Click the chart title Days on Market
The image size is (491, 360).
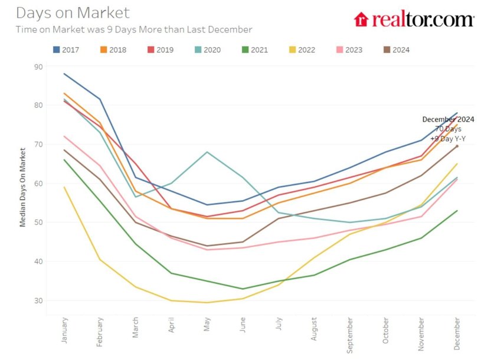(73, 12)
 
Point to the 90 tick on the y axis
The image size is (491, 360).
(38, 67)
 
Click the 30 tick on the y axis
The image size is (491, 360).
(38, 300)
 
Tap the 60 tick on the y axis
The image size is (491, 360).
(38, 184)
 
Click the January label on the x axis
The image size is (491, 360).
(64, 329)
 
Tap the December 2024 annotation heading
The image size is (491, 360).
(448, 119)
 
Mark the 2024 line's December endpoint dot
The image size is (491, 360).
(457, 146)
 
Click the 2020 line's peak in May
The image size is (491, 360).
(207, 152)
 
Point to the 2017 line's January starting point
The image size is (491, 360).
(64, 74)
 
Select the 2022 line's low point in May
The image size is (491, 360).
(207, 303)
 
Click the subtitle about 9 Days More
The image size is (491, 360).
(134, 30)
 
